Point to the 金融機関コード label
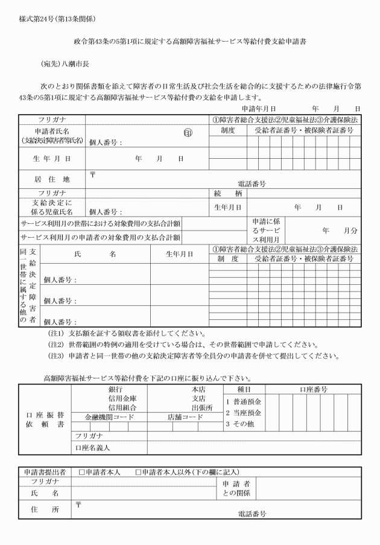pyautogui.click(x=109, y=416)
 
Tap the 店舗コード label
pyautogui.click(x=185, y=416)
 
